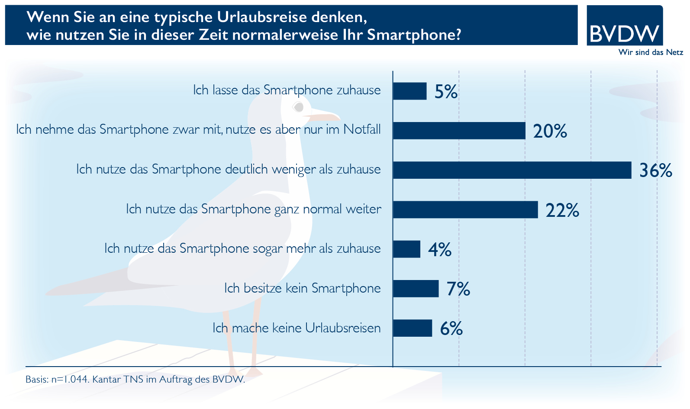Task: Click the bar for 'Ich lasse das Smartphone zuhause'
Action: pos(409,91)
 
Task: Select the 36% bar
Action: pos(512,170)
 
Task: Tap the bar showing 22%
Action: pos(465,209)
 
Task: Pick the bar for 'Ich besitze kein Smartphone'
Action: pos(416,289)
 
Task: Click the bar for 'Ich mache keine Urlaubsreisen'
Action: pos(413,328)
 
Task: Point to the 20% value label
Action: pos(550,131)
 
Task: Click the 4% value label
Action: pos(440,250)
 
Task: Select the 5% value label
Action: pos(446,92)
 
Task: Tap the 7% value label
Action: pos(458,289)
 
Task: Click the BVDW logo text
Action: pos(624,33)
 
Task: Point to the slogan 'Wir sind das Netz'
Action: pos(651,52)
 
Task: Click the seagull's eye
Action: pos(298,106)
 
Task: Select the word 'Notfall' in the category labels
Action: pos(362,129)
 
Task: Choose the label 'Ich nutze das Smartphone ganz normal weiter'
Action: pos(254,209)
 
